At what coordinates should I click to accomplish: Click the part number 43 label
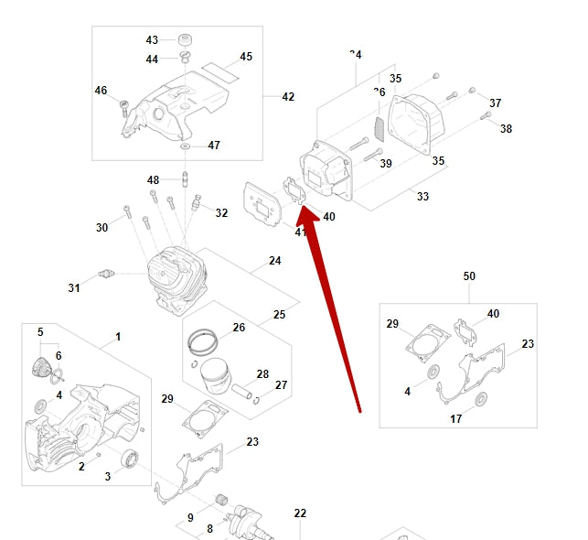point(152,40)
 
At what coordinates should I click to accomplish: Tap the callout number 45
point(246,57)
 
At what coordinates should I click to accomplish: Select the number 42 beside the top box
point(288,96)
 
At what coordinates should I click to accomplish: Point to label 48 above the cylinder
point(153,179)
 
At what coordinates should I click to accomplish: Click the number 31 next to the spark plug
point(74,288)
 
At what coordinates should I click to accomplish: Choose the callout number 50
point(469,276)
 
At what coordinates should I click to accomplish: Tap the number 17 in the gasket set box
point(455,419)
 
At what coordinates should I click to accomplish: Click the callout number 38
point(506,129)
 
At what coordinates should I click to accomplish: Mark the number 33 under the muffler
point(422,196)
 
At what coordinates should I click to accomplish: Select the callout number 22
point(300,513)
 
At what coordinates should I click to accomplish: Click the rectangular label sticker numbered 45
point(219,69)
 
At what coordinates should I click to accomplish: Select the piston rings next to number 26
point(205,343)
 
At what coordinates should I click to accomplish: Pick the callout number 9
point(190,518)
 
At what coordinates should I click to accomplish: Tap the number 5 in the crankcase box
point(40,331)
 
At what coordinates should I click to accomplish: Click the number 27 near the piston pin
point(281,385)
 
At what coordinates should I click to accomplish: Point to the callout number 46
point(102,90)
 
